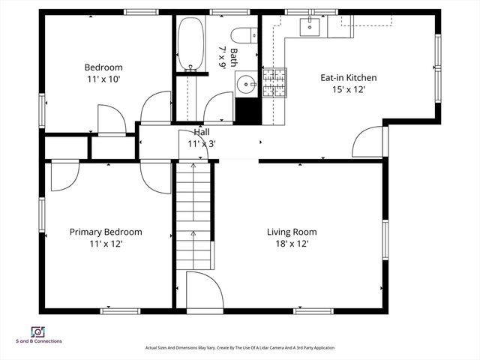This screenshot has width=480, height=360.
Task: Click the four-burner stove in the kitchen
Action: (274, 83)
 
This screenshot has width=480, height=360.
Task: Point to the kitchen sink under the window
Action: (310, 27)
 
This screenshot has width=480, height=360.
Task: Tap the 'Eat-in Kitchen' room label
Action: (348, 77)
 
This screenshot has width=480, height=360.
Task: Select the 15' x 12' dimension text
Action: (348, 89)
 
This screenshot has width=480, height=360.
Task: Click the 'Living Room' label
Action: (292, 232)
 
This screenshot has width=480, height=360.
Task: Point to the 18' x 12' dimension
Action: (292, 244)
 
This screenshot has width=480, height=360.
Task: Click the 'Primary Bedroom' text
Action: (106, 232)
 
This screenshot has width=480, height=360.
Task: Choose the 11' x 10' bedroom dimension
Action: (103, 78)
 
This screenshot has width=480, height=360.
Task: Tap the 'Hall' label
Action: (202, 132)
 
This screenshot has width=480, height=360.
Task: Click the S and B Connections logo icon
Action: (37, 331)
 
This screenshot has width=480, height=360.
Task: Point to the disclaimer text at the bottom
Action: (239, 348)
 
